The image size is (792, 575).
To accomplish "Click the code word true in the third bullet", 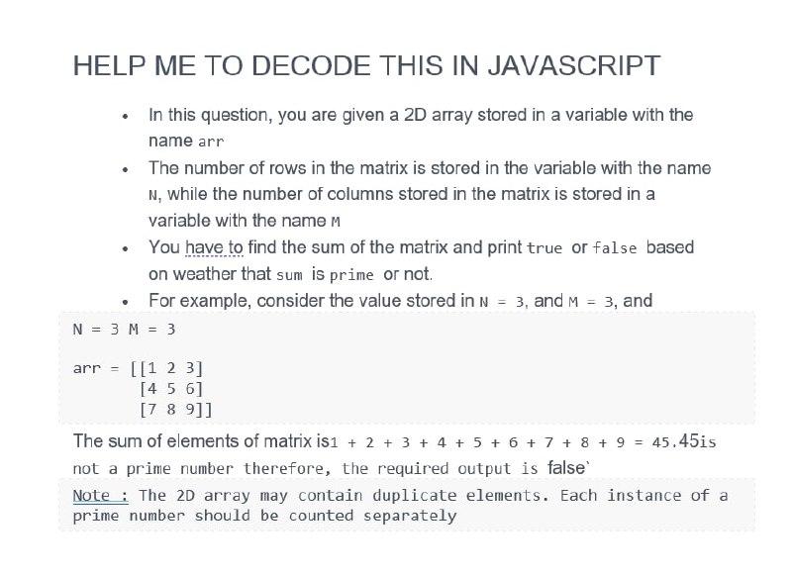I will tap(544, 247).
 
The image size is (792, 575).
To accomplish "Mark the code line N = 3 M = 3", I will tap(124, 329).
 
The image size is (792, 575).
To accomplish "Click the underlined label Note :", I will tap(101, 495).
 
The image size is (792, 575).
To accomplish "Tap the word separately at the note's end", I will tap(410, 516).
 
